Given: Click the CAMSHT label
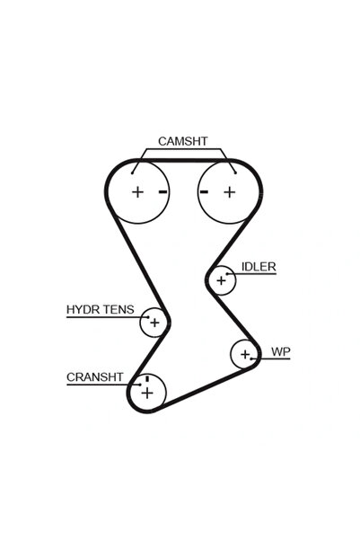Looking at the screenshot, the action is (183, 141).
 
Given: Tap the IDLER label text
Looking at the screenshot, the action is (259, 267).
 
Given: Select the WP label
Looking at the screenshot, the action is (280, 351).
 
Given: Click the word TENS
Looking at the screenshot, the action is (117, 310).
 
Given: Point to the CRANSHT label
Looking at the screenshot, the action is (94, 377).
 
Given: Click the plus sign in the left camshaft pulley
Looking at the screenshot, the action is (137, 191).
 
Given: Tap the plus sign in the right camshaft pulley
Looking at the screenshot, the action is (229, 192).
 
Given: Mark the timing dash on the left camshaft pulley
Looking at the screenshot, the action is (163, 191).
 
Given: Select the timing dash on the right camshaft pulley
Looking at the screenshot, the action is (204, 191).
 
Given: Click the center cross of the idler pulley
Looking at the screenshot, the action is (222, 280).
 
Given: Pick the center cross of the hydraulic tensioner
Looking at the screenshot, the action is (155, 323).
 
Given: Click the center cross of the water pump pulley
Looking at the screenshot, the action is (245, 354).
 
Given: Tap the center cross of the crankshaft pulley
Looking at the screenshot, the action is (147, 393).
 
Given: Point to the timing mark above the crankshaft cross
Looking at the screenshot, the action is (147, 378).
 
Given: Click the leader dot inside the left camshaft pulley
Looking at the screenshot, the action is (132, 173).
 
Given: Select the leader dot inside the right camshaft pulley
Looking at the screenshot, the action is (235, 173).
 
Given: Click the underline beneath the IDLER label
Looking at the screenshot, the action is (251, 274).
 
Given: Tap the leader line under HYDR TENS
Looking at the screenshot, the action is (108, 317).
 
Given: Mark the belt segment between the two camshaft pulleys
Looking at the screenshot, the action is (183, 161).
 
